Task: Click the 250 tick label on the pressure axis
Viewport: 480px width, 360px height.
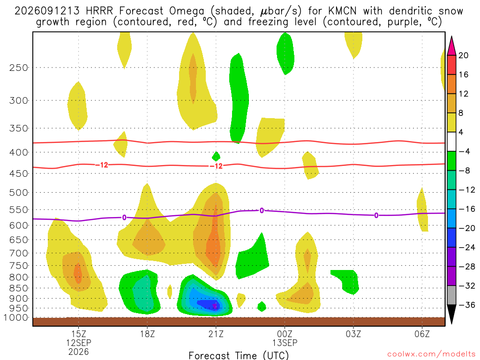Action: tap(19, 67)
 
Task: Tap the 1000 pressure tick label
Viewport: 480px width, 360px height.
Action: tap(16, 318)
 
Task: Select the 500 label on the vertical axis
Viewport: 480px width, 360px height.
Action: tap(19, 193)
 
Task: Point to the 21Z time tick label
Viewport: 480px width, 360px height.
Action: tap(216, 334)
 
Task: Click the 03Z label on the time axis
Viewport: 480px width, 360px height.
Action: tap(353, 334)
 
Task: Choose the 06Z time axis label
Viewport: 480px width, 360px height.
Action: tap(422, 334)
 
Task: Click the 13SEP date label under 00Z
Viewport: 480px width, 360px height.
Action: tap(285, 343)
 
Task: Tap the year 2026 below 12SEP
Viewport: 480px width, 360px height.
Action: tap(79, 352)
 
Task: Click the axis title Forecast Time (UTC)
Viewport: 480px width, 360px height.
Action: tap(239, 355)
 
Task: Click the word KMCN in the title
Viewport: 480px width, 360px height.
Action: tap(343, 11)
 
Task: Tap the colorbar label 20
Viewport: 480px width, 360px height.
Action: tap(464, 55)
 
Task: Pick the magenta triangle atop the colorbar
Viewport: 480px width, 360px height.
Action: tap(451, 46)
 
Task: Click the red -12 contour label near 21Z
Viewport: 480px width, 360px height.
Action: tap(216, 166)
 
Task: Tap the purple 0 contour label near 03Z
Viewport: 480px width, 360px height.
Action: tap(376, 216)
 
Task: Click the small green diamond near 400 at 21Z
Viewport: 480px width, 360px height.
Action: tap(216, 157)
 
